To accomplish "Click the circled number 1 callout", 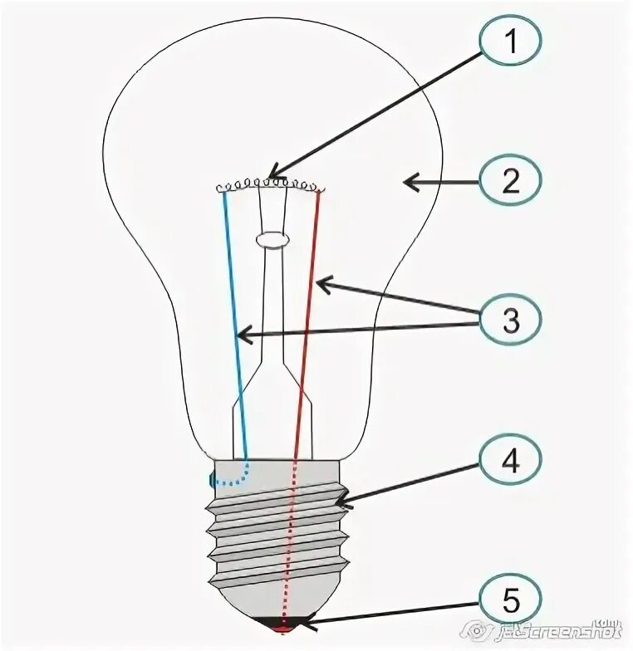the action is click(x=511, y=42).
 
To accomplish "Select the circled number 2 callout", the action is click(x=511, y=180).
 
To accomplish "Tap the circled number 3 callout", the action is click(x=511, y=320).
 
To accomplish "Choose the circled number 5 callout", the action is click(x=511, y=600).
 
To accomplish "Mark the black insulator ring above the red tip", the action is click(x=282, y=619).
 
